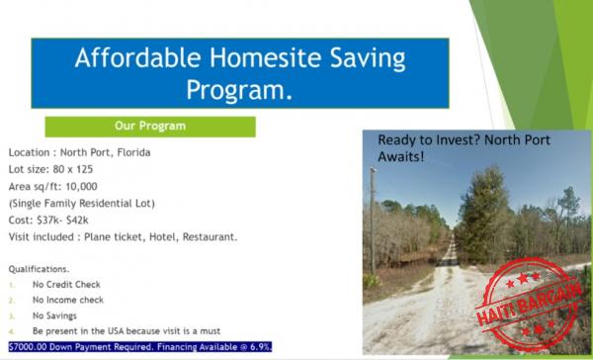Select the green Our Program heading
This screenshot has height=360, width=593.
tap(150, 127)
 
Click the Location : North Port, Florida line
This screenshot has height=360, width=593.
tap(79, 153)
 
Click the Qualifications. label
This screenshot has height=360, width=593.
tap(39, 269)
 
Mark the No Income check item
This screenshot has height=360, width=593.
tap(74, 301)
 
